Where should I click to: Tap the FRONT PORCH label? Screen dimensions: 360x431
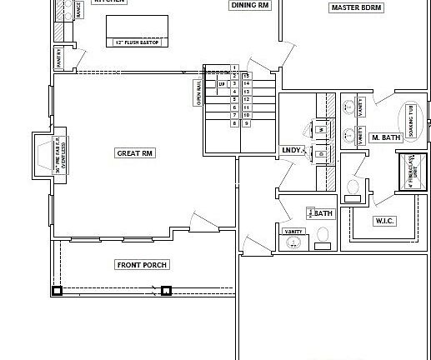(x=142, y=265)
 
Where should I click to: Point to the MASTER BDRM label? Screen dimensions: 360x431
(x=356, y=7)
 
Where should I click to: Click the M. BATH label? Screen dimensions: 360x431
(x=385, y=137)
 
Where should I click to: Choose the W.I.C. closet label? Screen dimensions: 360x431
(x=384, y=221)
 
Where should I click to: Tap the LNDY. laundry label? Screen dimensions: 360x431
(x=292, y=150)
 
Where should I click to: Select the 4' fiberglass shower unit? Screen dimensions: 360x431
(x=412, y=172)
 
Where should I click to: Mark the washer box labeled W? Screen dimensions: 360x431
(x=320, y=129)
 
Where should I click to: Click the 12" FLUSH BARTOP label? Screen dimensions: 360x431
(x=138, y=40)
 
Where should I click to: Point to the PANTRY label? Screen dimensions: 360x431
(x=60, y=57)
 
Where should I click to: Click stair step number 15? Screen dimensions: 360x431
(x=247, y=75)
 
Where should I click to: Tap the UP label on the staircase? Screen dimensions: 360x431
(x=222, y=84)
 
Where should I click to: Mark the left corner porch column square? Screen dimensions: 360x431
(x=57, y=291)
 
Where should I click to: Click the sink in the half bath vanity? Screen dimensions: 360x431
(x=293, y=242)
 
